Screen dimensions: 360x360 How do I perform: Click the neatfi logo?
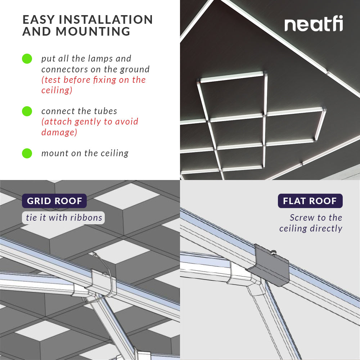coord(314,24)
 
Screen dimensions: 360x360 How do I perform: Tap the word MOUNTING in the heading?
coord(93,32)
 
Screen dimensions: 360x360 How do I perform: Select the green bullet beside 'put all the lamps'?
coord(27,59)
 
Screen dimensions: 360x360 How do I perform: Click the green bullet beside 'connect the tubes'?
coord(27,111)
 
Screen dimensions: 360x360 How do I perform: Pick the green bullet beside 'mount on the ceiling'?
coord(27,153)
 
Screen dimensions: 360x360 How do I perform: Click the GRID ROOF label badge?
coord(54,201)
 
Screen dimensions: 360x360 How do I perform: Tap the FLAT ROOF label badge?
coord(310,201)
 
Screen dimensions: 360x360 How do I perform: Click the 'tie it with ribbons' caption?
coord(64,217)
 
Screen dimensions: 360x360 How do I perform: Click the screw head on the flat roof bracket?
coord(274,253)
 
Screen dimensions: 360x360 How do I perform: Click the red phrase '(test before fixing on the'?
coord(94,80)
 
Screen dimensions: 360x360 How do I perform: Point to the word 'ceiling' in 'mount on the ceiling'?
coord(114,153)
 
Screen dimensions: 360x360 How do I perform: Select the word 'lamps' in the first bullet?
coord(86,59)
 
